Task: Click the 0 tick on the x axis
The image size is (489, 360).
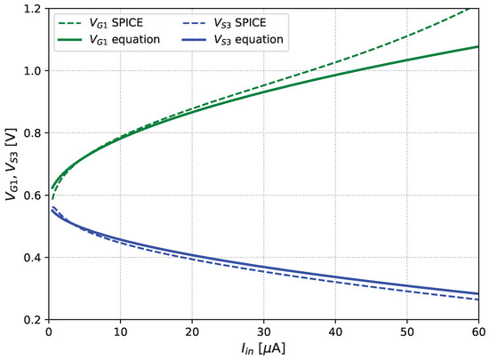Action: coord(48,332)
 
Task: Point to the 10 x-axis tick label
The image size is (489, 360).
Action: coord(120,332)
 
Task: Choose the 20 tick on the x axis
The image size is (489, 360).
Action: coord(192,332)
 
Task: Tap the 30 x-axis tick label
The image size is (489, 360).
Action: coord(263,332)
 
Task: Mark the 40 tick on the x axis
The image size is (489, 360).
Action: coord(335,332)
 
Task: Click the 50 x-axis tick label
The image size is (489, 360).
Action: coord(406,332)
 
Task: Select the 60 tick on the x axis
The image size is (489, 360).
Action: coord(478,332)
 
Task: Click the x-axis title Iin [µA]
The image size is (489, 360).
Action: coord(263,348)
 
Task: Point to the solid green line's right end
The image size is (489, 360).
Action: coord(478,46)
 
